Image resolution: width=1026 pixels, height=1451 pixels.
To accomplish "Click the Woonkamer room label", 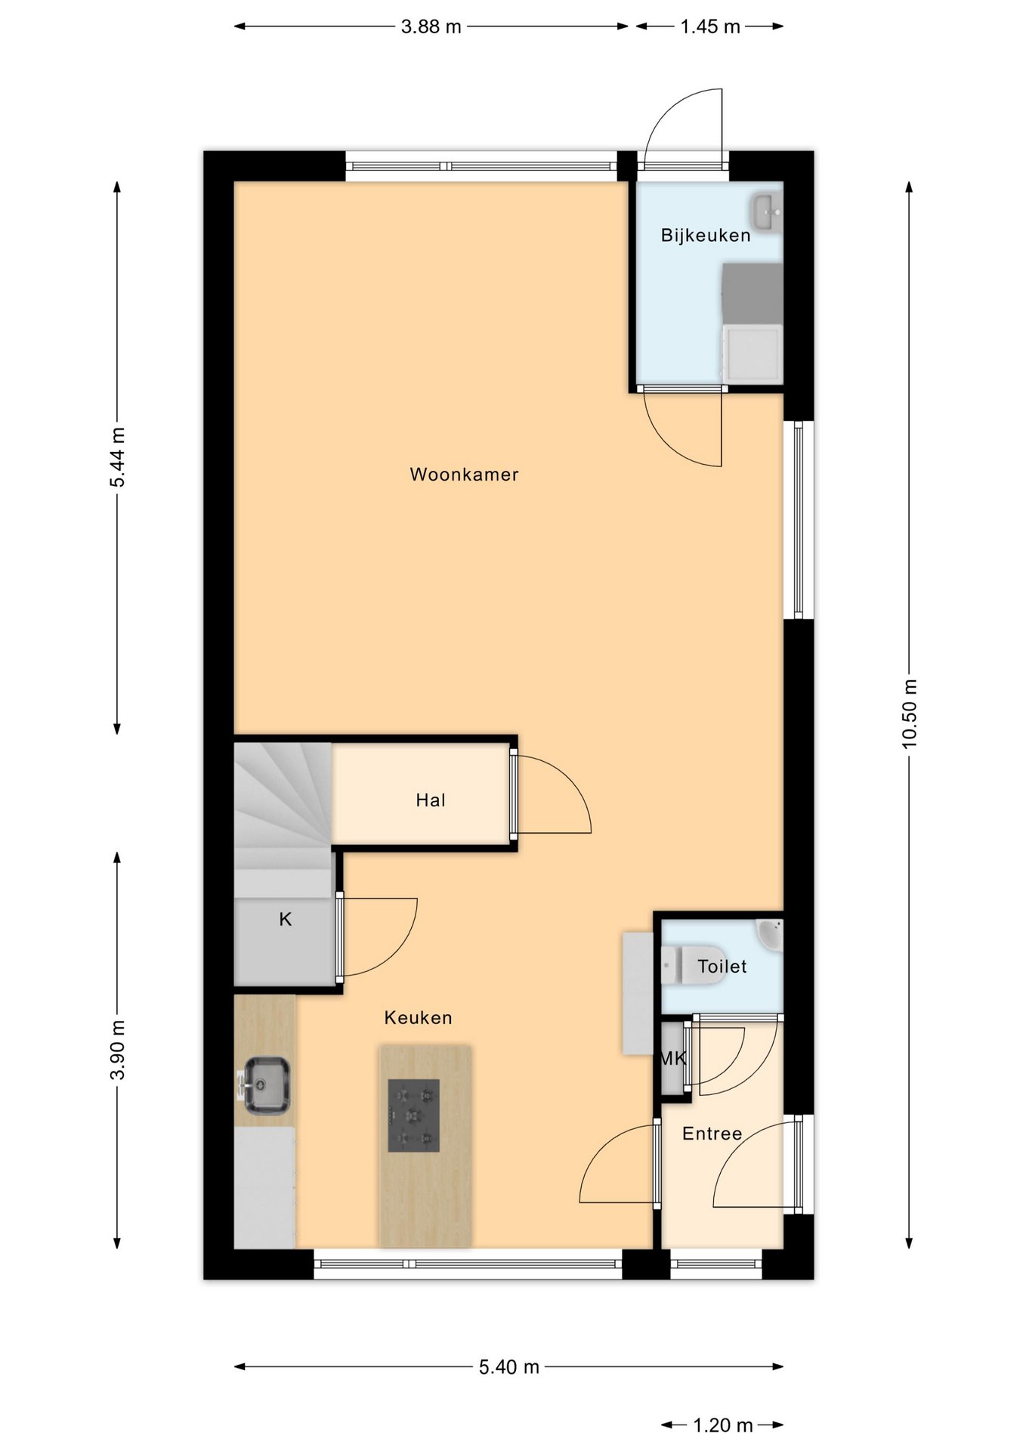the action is tap(464, 475).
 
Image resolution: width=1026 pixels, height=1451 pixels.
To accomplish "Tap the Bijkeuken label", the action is tap(706, 235).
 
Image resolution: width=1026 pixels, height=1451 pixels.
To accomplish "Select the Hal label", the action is tap(431, 800).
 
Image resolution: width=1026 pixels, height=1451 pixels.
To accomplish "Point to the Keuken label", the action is tap(418, 1018).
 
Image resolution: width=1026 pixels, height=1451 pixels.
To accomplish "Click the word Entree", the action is tap(712, 1134).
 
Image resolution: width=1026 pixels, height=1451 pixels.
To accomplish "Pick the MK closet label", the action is tap(672, 1059).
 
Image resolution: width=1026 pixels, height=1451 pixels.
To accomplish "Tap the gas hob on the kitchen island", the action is tap(413, 1115).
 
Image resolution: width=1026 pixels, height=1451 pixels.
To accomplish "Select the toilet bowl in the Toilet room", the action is tap(693, 965).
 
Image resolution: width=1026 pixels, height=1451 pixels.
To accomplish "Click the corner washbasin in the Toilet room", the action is tap(771, 934).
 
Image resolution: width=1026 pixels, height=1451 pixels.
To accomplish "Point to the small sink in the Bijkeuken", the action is tap(767, 212).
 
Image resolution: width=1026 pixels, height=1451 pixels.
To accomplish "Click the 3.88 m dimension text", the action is tap(431, 27).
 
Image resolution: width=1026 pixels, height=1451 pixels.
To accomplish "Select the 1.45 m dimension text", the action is tap(710, 27).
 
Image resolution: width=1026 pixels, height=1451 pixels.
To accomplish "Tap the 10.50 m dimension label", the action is tap(909, 714).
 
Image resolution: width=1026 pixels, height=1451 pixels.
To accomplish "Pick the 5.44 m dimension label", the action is tap(117, 457).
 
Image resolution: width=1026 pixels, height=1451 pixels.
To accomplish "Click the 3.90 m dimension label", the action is tap(117, 1050).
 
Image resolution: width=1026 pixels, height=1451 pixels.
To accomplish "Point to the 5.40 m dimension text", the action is tap(509, 1367).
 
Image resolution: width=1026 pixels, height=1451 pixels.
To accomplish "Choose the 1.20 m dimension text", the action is tap(723, 1425).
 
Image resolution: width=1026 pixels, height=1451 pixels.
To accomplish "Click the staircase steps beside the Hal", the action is tap(283, 805).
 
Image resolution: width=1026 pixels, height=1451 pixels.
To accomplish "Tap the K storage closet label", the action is tap(286, 920).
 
